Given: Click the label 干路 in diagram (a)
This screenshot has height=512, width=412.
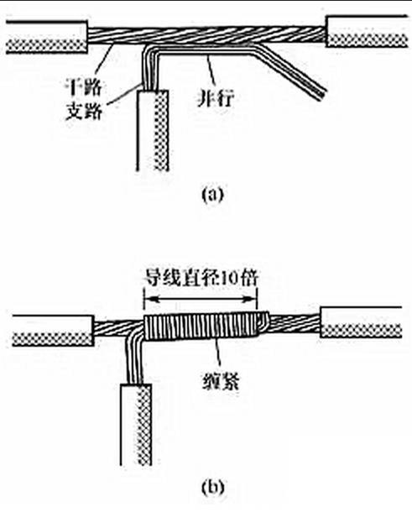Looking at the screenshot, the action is (x=84, y=87).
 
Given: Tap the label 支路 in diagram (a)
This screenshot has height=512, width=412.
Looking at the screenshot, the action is (x=84, y=111).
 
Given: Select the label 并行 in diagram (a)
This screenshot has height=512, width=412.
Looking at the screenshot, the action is (x=216, y=98).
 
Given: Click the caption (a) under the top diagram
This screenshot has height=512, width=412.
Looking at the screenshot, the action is (x=213, y=195).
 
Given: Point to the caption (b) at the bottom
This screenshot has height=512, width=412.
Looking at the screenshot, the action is (x=213, y=488).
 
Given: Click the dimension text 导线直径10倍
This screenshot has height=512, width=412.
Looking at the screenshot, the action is (x=201, y=278).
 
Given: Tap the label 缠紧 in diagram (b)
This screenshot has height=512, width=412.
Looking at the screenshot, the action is (x=221, y=380).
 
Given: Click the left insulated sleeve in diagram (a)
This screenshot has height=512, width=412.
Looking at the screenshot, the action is (x=47, y=37).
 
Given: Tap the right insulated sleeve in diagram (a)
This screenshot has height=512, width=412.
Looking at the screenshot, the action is (x=367, y=31).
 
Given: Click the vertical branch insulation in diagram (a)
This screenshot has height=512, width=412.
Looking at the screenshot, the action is (x=153, y=130).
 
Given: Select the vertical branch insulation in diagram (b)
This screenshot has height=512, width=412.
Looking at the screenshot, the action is (x=136, y=425).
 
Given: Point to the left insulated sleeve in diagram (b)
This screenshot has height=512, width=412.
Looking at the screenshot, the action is (x=53, y=331).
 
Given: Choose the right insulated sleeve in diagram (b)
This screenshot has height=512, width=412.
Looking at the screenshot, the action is (x=361, y=322).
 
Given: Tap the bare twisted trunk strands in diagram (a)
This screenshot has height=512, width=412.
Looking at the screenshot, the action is (x=206, y=35).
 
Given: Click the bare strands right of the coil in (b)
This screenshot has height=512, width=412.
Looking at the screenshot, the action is (x=295, y=322).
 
